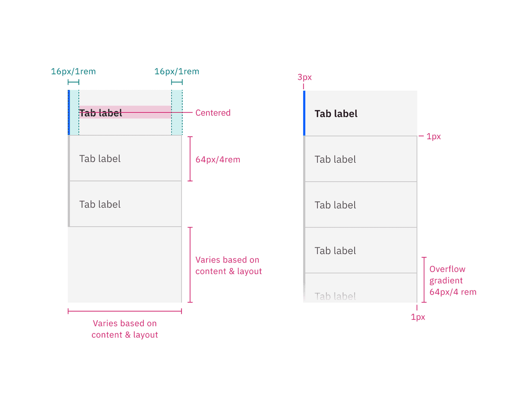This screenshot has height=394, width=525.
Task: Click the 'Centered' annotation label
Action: point(213,113)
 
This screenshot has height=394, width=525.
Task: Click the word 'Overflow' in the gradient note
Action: point(447,269)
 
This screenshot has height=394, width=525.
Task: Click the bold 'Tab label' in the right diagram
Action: point(336,114)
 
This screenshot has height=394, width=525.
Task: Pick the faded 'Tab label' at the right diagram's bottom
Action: point(335,296)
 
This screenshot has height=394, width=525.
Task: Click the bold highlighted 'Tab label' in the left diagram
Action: point(101,113)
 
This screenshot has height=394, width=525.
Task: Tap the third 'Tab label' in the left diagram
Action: point(100,204)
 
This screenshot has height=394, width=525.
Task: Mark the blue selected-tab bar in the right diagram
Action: point(304,113)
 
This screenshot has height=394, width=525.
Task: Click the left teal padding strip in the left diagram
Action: point(74,113)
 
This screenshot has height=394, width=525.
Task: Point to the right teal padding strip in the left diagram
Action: point(177,113)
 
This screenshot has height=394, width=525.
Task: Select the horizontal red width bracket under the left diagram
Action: point(124,311)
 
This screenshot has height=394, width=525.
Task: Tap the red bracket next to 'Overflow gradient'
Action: point(424,280)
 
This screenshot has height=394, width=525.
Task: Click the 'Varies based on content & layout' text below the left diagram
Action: point(124,329)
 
